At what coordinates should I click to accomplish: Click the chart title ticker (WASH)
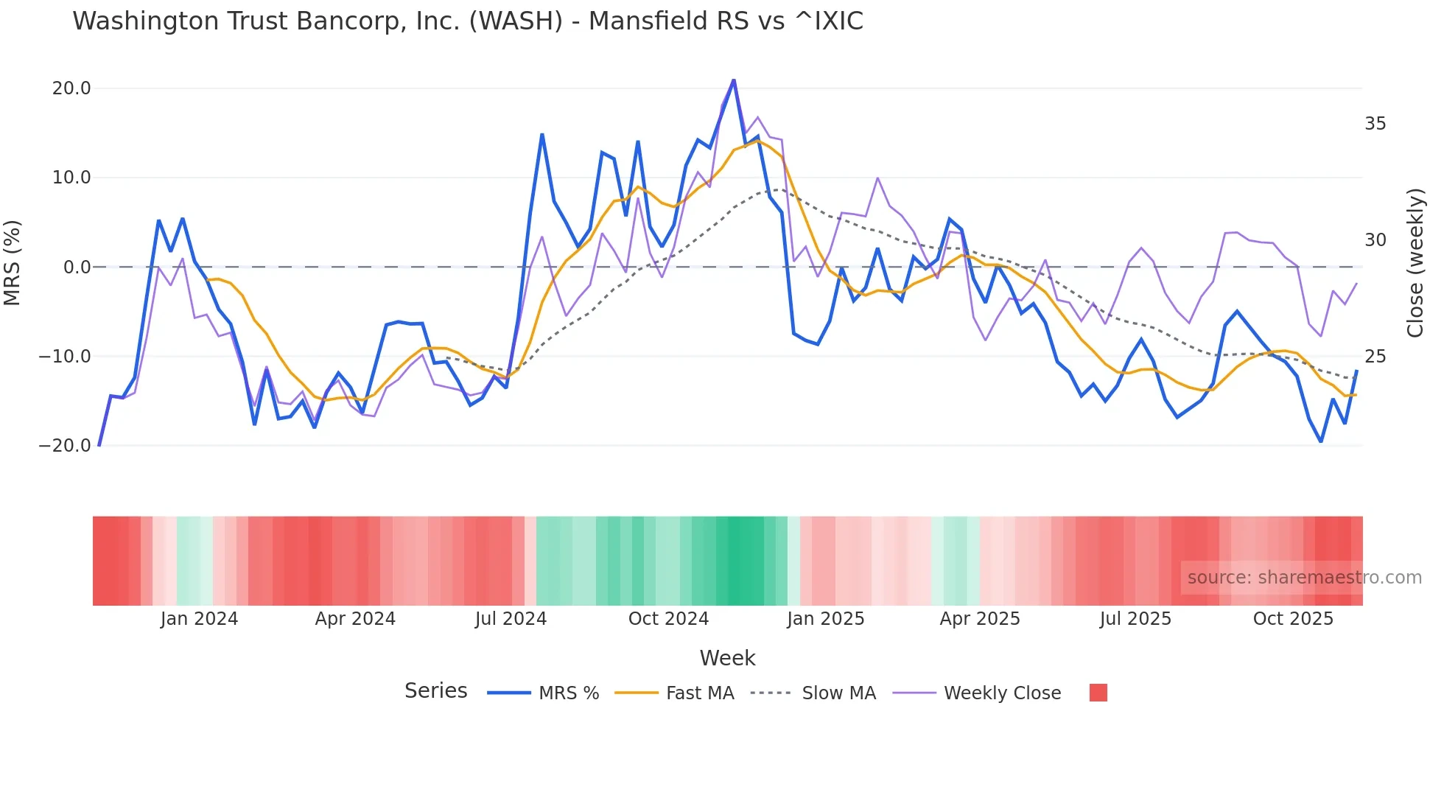click(x=516, y=21)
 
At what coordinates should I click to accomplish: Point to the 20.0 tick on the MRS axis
click(x=71, y=88)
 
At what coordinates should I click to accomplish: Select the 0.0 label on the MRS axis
click(x=77, y=267)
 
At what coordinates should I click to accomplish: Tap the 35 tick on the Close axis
click(x=1375, y=124)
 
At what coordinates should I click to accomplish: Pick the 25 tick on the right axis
click(x=1375, y=357)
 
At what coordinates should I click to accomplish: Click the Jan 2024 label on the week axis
click(x=199, y=619)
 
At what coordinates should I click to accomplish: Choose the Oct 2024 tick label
click(x=668, y=619)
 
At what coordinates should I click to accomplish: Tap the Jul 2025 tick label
click(x=1135, y=619)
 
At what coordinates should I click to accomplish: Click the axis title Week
click(x=727, y=658)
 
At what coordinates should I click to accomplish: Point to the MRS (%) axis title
click(x=13, y=263)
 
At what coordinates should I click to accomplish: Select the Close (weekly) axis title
click(x=1415, y=263)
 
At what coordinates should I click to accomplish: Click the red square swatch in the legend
click(x=1098, y=693)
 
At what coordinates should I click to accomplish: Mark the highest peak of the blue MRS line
click(x=734, y=80)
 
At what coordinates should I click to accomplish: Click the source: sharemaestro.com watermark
click(x=1304, y=578)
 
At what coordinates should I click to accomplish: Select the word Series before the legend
click(x=435, y=691)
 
